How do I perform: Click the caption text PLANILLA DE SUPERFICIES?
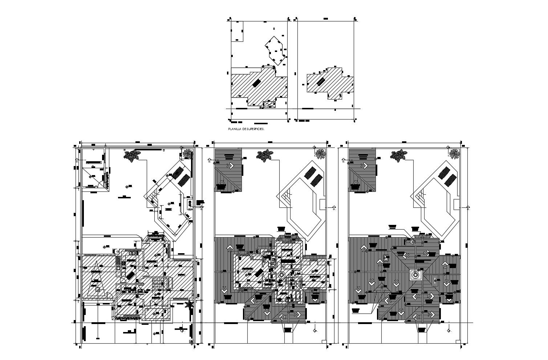(246, 129)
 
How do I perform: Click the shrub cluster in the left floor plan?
(131, 155)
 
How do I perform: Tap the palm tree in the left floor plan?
(189, 305)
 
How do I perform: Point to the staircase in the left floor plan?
(159, 282)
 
